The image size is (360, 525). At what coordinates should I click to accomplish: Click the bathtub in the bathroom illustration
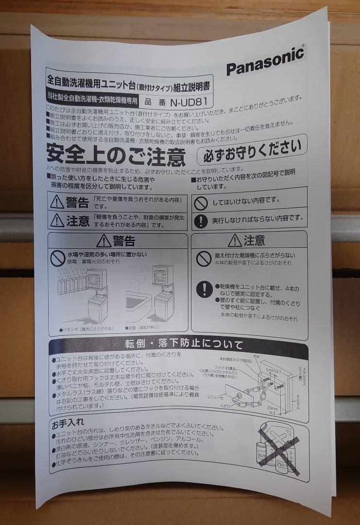[138, 304]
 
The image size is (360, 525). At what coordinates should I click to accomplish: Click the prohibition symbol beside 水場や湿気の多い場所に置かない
[57, 258]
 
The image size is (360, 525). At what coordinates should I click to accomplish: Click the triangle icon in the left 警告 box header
[103, 241]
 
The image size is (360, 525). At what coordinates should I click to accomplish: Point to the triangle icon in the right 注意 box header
[235, 240]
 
